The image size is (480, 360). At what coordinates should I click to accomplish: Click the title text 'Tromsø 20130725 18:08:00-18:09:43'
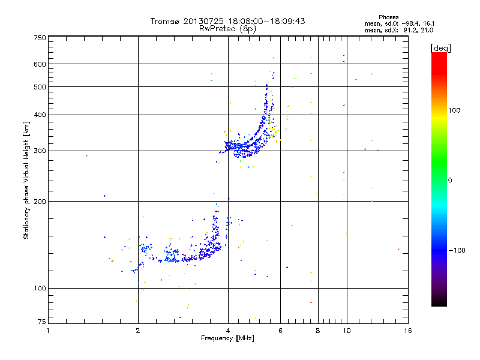point(227,21)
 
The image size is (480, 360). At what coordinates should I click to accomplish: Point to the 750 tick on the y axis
point(40,38)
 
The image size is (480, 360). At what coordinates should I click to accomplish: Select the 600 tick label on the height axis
point(40,64)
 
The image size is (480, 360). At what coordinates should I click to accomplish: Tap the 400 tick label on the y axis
point(40,115)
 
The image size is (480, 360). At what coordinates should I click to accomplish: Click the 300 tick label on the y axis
point(40,151)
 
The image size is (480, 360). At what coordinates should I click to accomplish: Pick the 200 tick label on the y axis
point(40,202)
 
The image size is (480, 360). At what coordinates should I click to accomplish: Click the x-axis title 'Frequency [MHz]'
point(227,338)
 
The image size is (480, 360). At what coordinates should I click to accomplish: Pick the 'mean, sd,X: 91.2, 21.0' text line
point(399,29)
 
